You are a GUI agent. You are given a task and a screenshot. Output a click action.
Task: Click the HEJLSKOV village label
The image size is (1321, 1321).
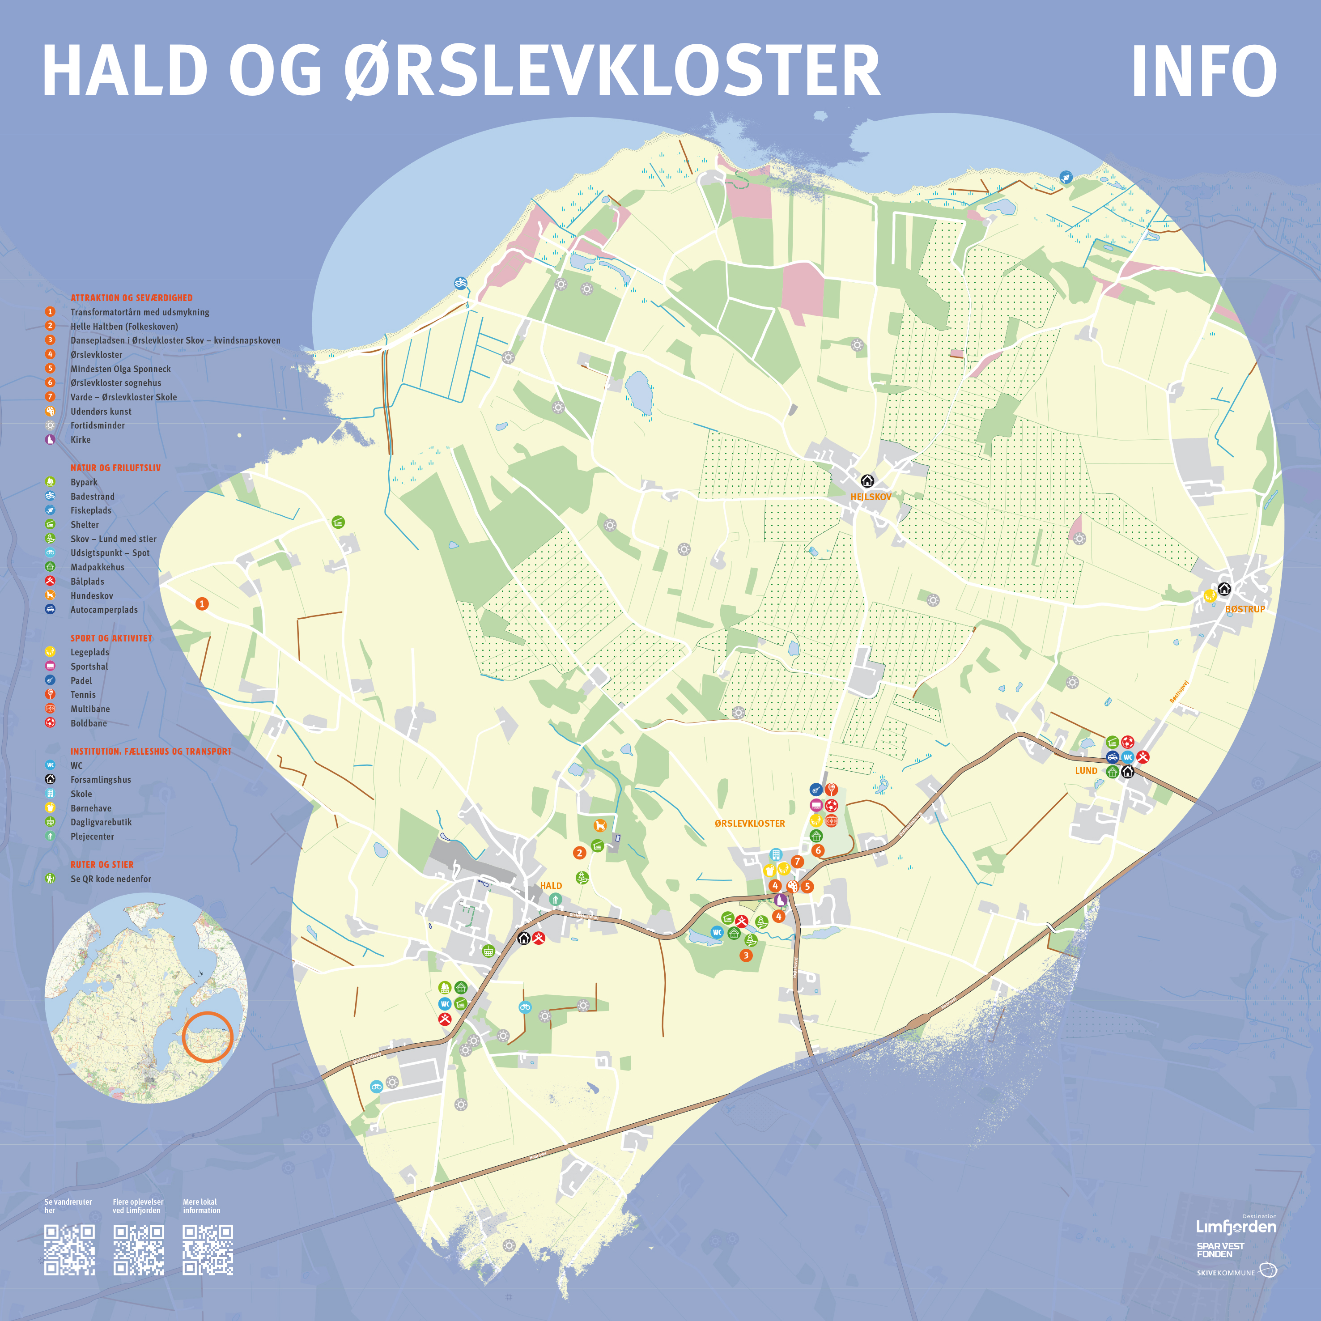tap(871, 497)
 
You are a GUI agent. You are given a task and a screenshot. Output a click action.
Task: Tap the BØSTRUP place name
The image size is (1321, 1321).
tap(1245, 609)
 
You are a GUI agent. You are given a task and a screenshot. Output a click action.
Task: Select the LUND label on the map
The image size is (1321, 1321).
tap(1086, 771)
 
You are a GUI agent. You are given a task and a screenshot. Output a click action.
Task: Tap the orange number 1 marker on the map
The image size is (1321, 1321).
tap(202, 604)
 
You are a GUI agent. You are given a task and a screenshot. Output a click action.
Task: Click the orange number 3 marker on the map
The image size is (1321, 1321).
tap(746, 955)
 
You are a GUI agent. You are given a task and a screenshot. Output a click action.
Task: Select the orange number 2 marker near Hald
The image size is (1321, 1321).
tap(580, 853)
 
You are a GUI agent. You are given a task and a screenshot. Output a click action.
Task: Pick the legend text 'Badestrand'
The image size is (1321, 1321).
tap(92, 497)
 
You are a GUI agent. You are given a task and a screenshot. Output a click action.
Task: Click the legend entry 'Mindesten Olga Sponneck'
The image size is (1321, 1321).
tap(120, 369)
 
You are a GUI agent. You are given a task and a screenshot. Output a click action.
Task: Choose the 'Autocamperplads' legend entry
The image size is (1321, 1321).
tap(104, 610)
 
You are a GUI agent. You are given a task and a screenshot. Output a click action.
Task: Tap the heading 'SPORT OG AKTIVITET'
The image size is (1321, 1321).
tap(111, 638)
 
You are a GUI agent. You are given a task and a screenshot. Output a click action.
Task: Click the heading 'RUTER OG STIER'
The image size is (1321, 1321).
tap(102, 864)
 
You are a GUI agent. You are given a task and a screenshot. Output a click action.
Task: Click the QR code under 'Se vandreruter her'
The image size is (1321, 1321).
tap(69, 1250)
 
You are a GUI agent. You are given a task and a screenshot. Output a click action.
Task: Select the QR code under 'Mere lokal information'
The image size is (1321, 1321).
tap(208, 1250)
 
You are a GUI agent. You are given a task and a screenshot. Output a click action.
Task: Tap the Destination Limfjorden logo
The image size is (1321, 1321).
tap(1236, 1226)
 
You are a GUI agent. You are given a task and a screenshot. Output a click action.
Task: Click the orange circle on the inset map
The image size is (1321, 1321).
tap(208, 1036)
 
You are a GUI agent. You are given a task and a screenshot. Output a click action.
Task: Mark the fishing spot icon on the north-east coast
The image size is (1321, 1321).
tap(1065, 178)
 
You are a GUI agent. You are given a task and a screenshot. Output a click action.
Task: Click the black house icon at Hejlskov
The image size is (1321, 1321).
tap(867, 481)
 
